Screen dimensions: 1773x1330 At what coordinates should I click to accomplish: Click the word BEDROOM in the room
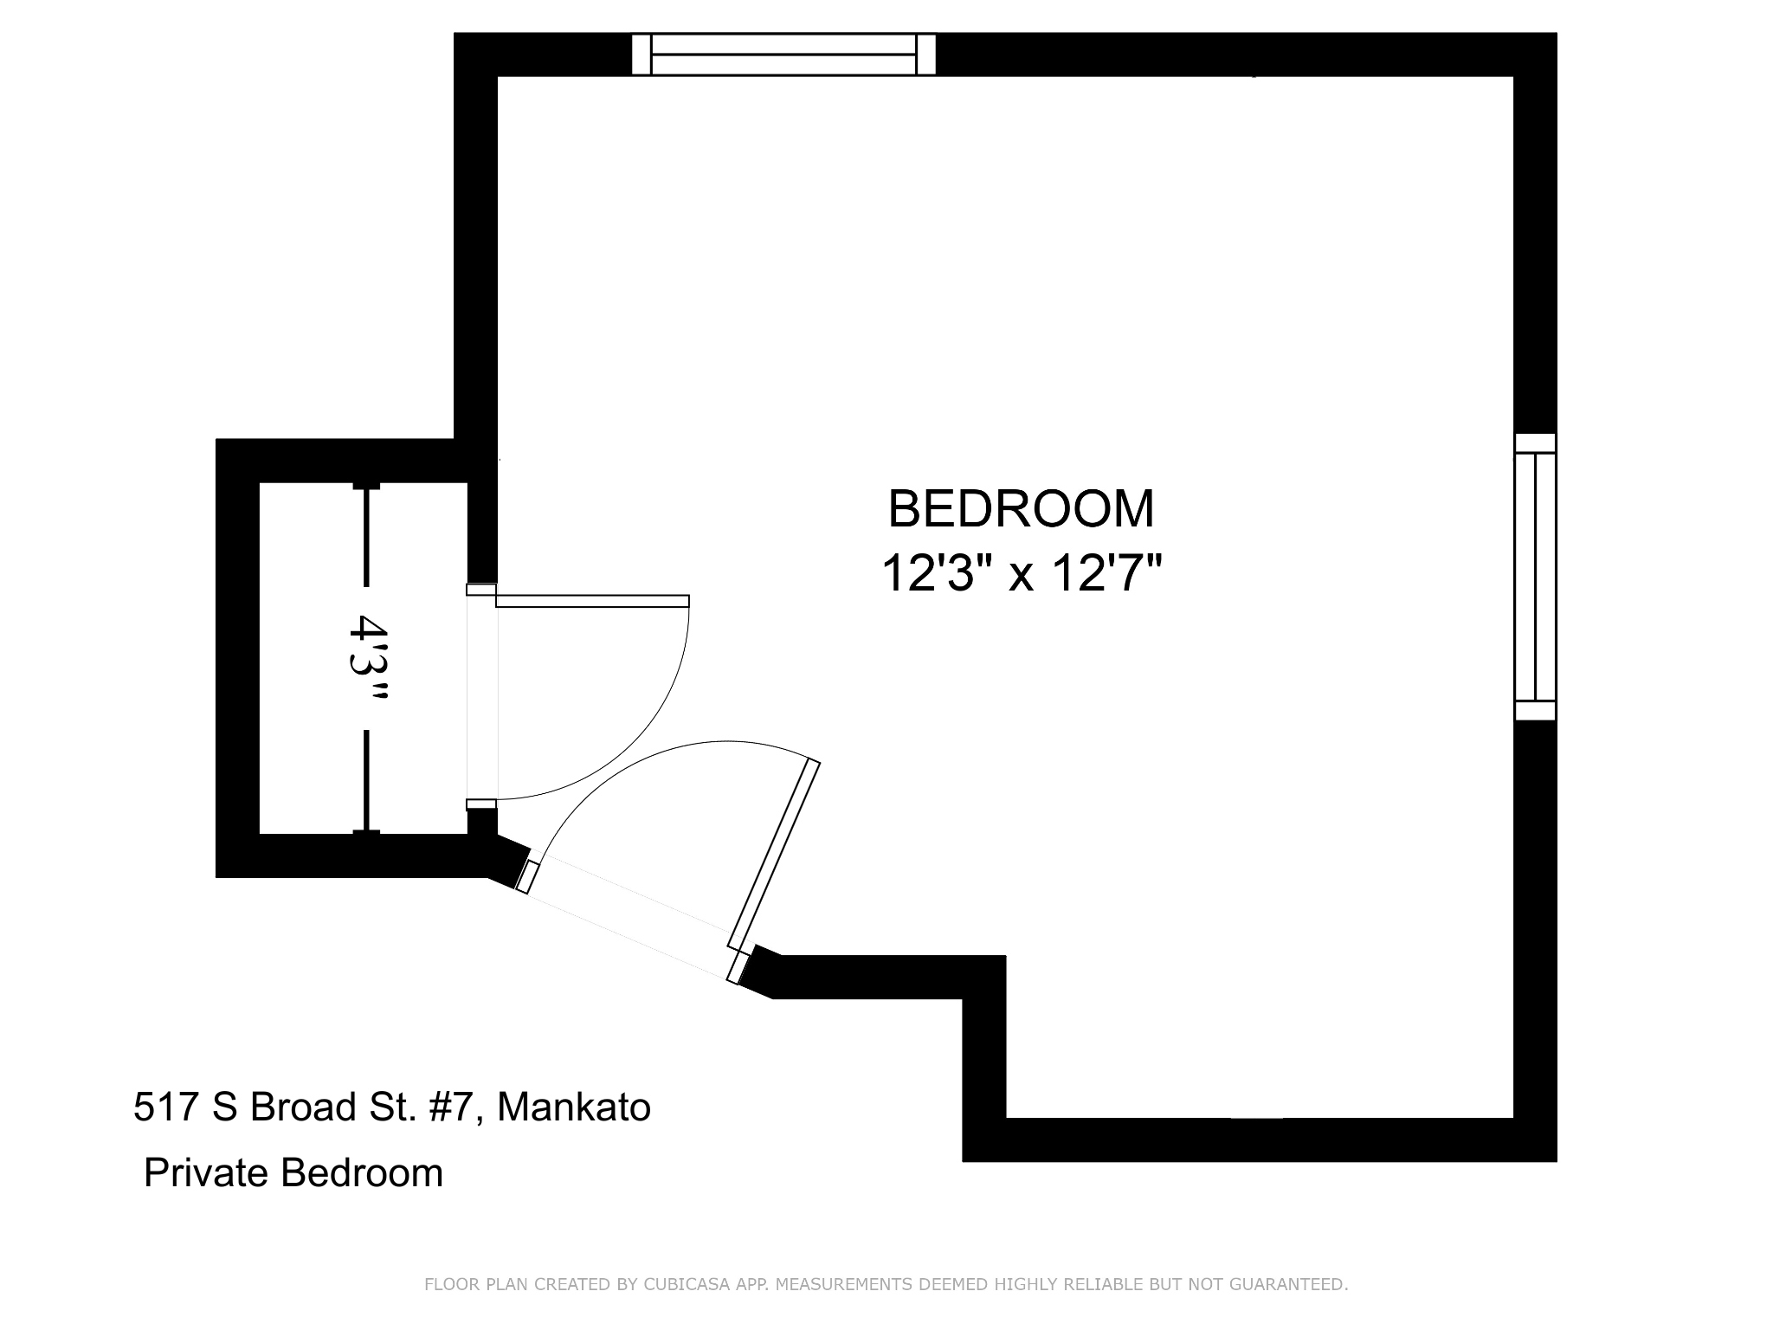[x=1022, y=508]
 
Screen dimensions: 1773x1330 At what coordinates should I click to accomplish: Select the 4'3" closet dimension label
[x=367, y=657]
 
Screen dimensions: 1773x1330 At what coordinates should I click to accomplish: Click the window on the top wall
[x=783, y=55]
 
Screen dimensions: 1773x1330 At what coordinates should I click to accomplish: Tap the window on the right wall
[x=1535, y=577]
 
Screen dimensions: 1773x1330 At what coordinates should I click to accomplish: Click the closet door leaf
[x=592, y=601]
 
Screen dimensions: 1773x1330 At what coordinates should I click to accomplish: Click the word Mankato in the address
[x=574, y=1107]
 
